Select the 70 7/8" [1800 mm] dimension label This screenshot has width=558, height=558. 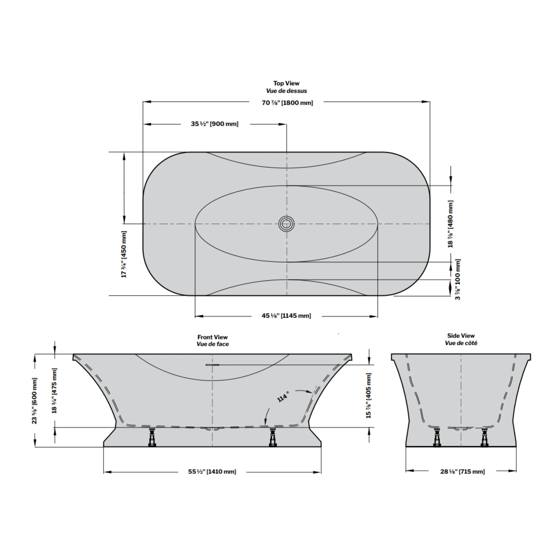[287, 102]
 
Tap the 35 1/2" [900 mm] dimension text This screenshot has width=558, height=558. [215, 124]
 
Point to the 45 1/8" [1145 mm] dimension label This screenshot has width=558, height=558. [286, 316]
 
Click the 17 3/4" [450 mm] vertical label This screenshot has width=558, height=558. [124, 254]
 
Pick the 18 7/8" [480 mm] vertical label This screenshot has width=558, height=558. [450, 224]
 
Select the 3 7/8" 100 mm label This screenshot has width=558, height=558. [458, 279]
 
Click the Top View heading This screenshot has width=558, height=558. [286, 83]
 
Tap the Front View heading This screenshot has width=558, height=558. [213, 337]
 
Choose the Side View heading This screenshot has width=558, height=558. [461, 336]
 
